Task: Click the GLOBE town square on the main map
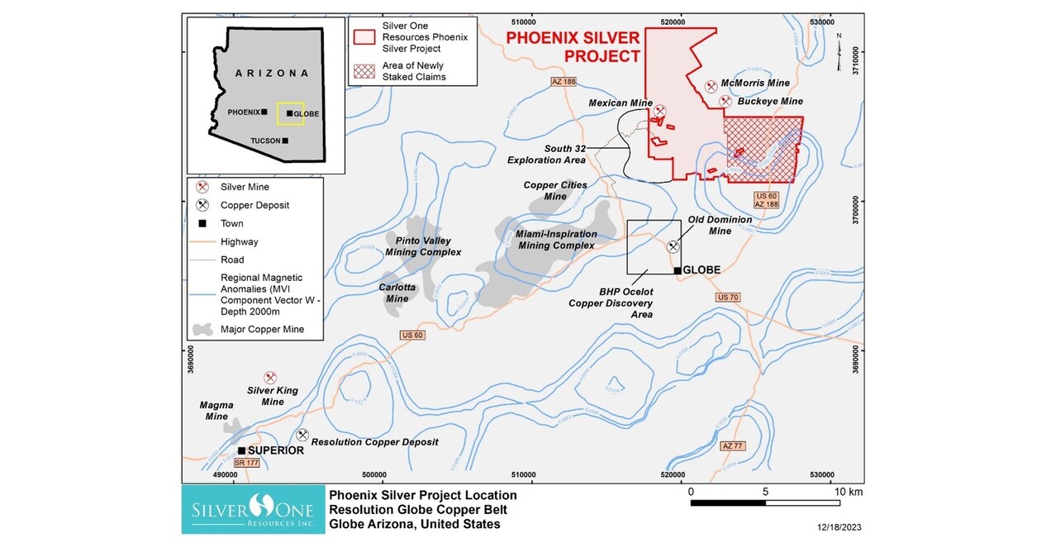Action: tap(678, 270)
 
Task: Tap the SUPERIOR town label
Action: tap(276, 450)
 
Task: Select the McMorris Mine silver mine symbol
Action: tap(711, 86)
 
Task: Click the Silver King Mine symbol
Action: tap(269, 377)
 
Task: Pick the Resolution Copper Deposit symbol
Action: tap(302, 435)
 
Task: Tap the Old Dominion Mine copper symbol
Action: tap(673, 246)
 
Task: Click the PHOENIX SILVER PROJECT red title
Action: tap(573, 47)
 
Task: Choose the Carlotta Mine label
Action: tap(398, 293)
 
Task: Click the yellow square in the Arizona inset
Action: tap(290, 113)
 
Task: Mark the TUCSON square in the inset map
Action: tap(286, 141)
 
